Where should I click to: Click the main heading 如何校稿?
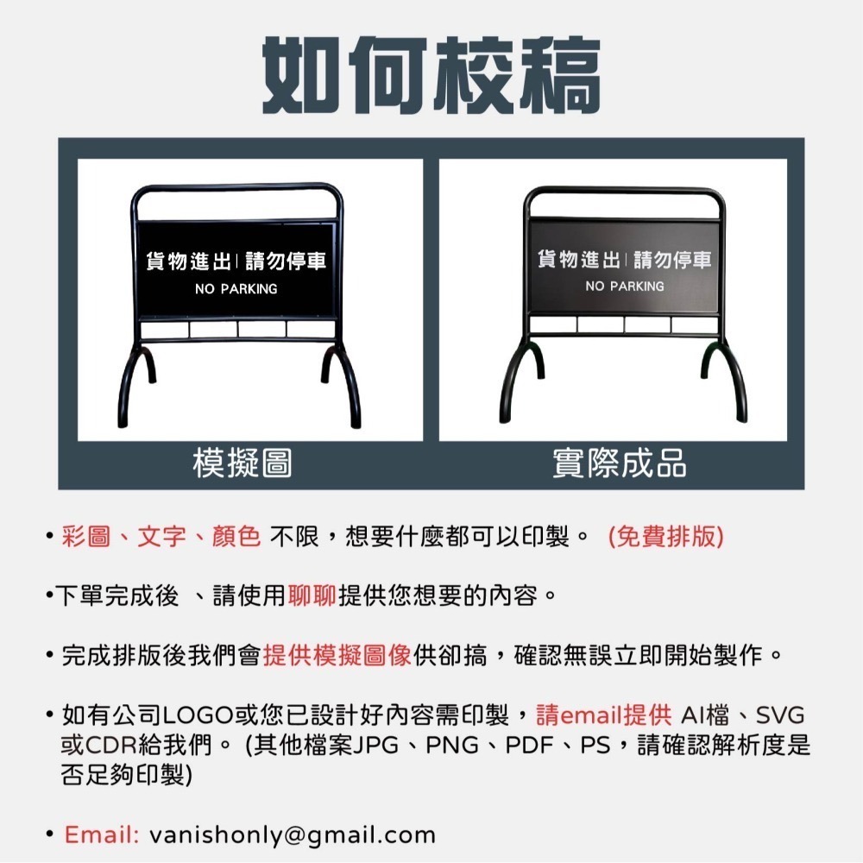[x=431, y=75]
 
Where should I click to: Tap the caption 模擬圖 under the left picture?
[x=242, y=463]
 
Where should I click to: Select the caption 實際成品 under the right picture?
[x=619, y=463]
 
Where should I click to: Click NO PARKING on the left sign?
[x=236, y=289]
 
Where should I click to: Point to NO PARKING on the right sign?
[x=625, y=286]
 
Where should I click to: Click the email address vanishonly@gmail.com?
[x=293, y=835]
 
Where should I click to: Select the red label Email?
[x=102, y=835]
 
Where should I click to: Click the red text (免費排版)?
[x=665, y=537]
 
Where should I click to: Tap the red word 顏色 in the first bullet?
[x=236, y=537]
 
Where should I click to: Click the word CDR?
[x=114, y=745]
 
